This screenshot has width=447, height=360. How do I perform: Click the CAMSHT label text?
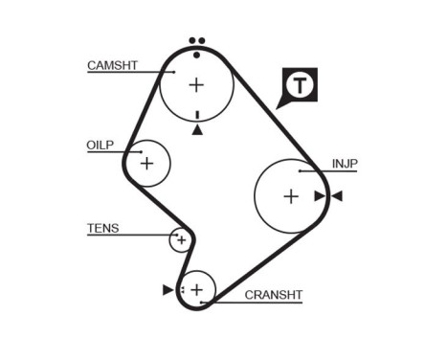click(x=112, y=65)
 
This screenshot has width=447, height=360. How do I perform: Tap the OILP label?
click(x=100, y=145)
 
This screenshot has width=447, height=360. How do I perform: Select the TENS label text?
click(x=102, y=228)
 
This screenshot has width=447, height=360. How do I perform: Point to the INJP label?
click(x=345, y=164)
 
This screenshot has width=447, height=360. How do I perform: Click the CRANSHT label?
click(x=273, y=295)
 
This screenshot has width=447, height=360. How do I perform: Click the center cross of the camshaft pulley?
click(x=196, y=84)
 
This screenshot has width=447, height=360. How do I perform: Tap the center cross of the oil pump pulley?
click(x=146, y=164)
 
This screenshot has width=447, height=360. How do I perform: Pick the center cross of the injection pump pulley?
click(x=291, y=196)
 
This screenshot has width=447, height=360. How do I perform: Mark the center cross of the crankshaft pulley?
click(x=197, y=288)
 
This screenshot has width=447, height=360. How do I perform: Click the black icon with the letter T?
click(x=301, y=84)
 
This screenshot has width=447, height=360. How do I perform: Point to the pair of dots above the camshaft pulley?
click(x=196, y=40)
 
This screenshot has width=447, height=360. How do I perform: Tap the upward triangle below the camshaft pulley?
click(x=197, y=129)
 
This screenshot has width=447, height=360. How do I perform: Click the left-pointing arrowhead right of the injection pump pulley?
click(x=337, y=196)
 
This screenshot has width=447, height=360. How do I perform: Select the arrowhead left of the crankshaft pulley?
click(x=168, y=288)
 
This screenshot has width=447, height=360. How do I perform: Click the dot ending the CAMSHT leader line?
click(x=175, y=71)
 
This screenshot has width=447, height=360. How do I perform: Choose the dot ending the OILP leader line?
click(x=140, y=150)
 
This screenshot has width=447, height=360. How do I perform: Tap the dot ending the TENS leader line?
click(x=175, y=234)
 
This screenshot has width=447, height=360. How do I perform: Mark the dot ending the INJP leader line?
click(x=300, y=170)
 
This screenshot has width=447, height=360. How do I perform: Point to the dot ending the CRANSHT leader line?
click(x=202, y=301)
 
